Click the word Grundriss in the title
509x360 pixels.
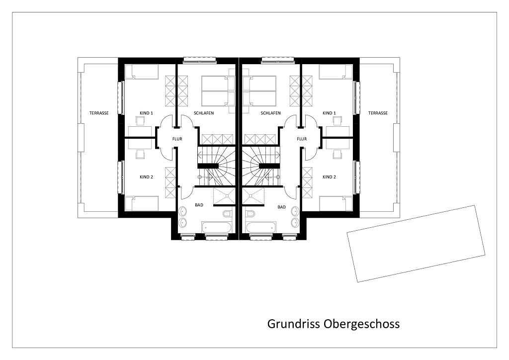pyautogui.click(x=293, y=324)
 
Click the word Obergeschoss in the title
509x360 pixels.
pyautogui.click(x=362, y=324)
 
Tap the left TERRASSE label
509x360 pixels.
pyautogui.click(x=99, y=113)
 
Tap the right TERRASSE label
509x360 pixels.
pyautogui.click(x=378, y=113)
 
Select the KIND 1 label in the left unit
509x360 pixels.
pyautogui.click(x=147, y=113)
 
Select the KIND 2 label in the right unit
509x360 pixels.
pyautogui.click(x=329, y=177)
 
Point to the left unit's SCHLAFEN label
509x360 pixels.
pyautogui.click(x=204, y=113)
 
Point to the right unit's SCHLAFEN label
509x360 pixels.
pyautogui.click(x=271, y=113)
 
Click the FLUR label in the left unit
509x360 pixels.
pyautogui.click(x=177, y=139)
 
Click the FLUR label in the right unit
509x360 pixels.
pyautogui.click(x=302, y=139)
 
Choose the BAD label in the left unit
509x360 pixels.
pyautogui.click(x=199, y=205)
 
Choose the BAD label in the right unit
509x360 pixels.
pyautogui.click(x=282, y=207)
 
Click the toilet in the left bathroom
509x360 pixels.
pyautogui.click(x=227, y=214)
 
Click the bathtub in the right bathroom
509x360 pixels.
pyautogui.click(x=261, y=227)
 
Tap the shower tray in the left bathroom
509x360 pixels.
pyautogui.click(x=224, y=196)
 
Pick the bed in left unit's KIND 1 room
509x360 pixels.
pyautogui.click(x=142, y=72)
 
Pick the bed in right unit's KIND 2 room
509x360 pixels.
pyautogui.click(x=337, y=203)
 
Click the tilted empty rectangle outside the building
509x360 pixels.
pyautogui.click(x=416, y=244)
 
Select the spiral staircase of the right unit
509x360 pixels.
pyautogui.click(x=260, y=166)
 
